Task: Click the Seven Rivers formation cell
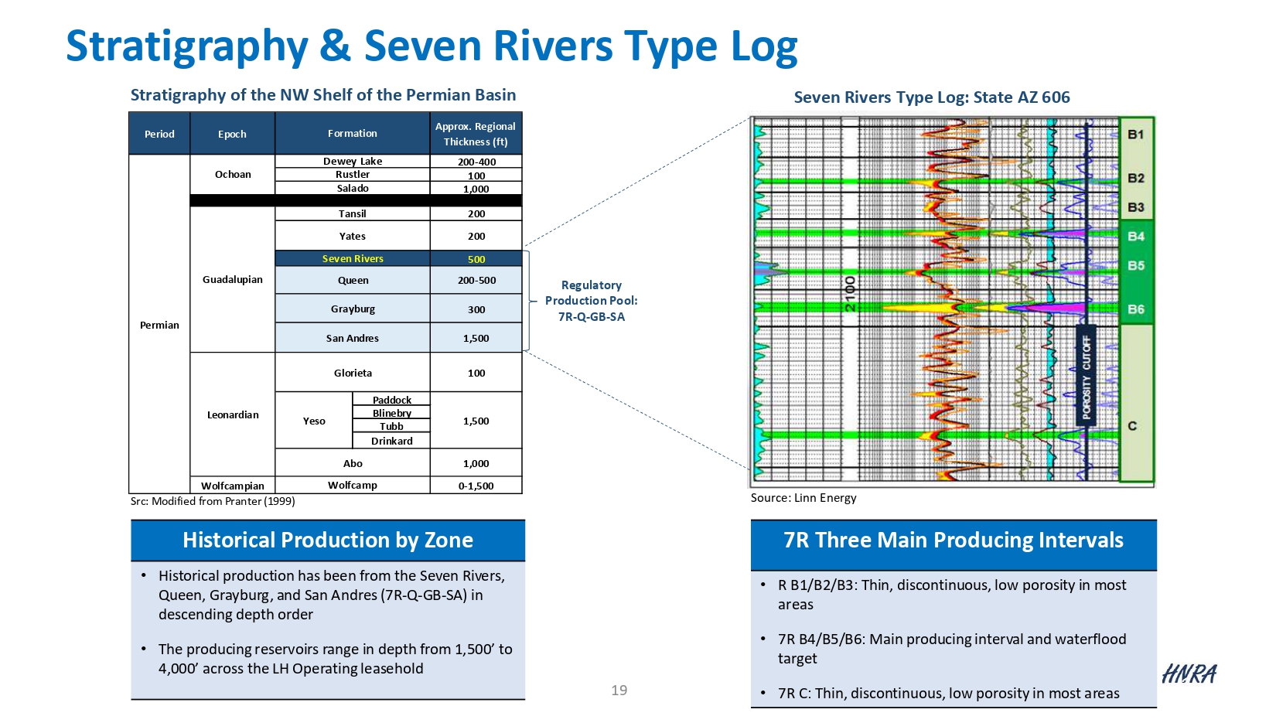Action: (x=353, y=259)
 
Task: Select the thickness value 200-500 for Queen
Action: (x=476, y=281)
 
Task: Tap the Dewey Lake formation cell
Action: (x=353, y=162)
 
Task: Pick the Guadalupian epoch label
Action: (x=233, y=279)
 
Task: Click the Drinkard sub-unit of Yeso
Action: (x=391, y=441)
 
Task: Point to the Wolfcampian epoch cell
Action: (x=233, y=486)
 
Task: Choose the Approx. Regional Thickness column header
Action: (x=476, y=134)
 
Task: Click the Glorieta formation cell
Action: (x=353, y=373)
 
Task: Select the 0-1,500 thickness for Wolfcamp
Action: (x=476, y=486)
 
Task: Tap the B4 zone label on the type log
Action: (x=1136, y=237)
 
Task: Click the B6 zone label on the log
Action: (x=1136, y=309)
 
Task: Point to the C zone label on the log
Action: (x=1132, y=426)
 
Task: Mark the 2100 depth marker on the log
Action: (x=850, y=294)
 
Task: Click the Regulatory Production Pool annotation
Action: (x=592, y=301)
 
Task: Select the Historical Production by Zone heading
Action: (x=328, y=540)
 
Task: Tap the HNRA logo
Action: (x=1189, y=674)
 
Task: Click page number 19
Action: (x=619, y=691)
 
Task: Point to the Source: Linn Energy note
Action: (x=803, y=498)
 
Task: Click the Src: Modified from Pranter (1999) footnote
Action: (x=213, y=501)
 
